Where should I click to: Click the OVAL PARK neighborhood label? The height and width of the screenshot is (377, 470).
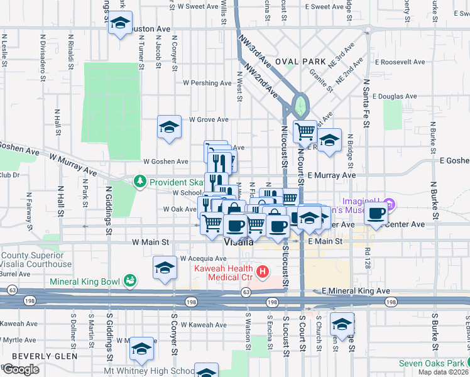click(300, 62)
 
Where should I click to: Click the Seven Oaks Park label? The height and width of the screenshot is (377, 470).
click(431, 364)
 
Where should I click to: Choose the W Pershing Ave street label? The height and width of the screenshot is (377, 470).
click(208, 83)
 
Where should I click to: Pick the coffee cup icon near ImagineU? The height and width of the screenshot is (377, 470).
click(376, 214)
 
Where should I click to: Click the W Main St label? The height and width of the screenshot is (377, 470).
click(151, 241)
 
